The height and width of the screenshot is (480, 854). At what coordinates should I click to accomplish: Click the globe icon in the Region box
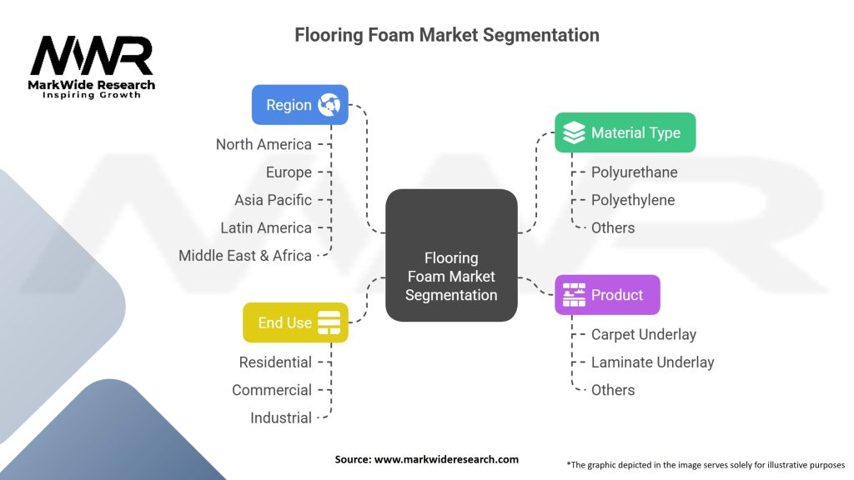(x=329, y=104)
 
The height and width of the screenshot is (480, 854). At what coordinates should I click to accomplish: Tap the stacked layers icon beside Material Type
(x=574, y=132)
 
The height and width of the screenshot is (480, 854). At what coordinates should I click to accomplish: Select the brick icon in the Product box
(x=574, y=294)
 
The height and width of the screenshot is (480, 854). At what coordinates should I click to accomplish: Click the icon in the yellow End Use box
(x=329, y=322)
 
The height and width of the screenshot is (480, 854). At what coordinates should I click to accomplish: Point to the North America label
(x=264, y=144)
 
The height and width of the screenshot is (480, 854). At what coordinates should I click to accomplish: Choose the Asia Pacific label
(x=273, y=200)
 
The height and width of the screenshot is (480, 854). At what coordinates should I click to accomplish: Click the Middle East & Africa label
(x=245, y=255)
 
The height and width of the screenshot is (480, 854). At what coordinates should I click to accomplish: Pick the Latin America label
(x=266, y=227)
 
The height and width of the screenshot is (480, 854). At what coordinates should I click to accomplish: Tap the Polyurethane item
(x=635, y=172)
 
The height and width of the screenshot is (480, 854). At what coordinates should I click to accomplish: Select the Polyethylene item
(x=633, y=200)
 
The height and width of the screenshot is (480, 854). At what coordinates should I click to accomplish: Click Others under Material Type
(x=613, y=227)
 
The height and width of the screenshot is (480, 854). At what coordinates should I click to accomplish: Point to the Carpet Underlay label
(x=644, y=334)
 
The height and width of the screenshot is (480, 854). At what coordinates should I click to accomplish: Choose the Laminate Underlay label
(x=652, y=362)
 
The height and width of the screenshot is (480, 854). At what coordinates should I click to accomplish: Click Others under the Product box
(x=613, y=390)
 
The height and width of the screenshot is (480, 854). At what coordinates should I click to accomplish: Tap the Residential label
(x=275, y=362)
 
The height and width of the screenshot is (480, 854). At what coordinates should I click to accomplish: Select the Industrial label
(x=281, y=417)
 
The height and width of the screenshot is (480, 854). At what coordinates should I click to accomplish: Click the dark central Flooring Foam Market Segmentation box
(x=451, y=255)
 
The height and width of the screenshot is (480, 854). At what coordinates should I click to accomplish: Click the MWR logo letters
(x=92, y=55)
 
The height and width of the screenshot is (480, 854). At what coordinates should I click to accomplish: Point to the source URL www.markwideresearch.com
(x=446, y=459)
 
